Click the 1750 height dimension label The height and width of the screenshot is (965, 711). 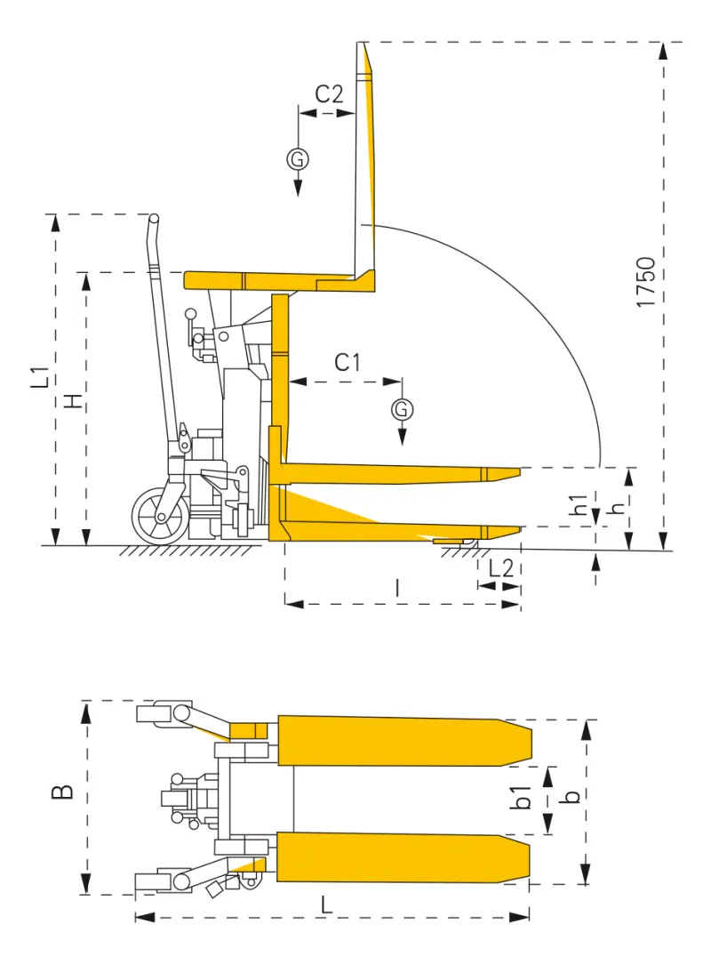[646, 282]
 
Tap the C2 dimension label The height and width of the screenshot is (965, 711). [329, 94]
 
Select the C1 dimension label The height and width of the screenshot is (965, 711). [348, 362]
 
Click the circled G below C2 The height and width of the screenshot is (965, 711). [298, 159]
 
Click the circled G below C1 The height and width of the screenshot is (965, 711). [402, 408]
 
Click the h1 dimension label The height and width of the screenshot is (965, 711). [579, 504]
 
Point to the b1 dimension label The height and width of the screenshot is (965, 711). [525, 798]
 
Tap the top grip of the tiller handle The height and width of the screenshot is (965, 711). [153, 219]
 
